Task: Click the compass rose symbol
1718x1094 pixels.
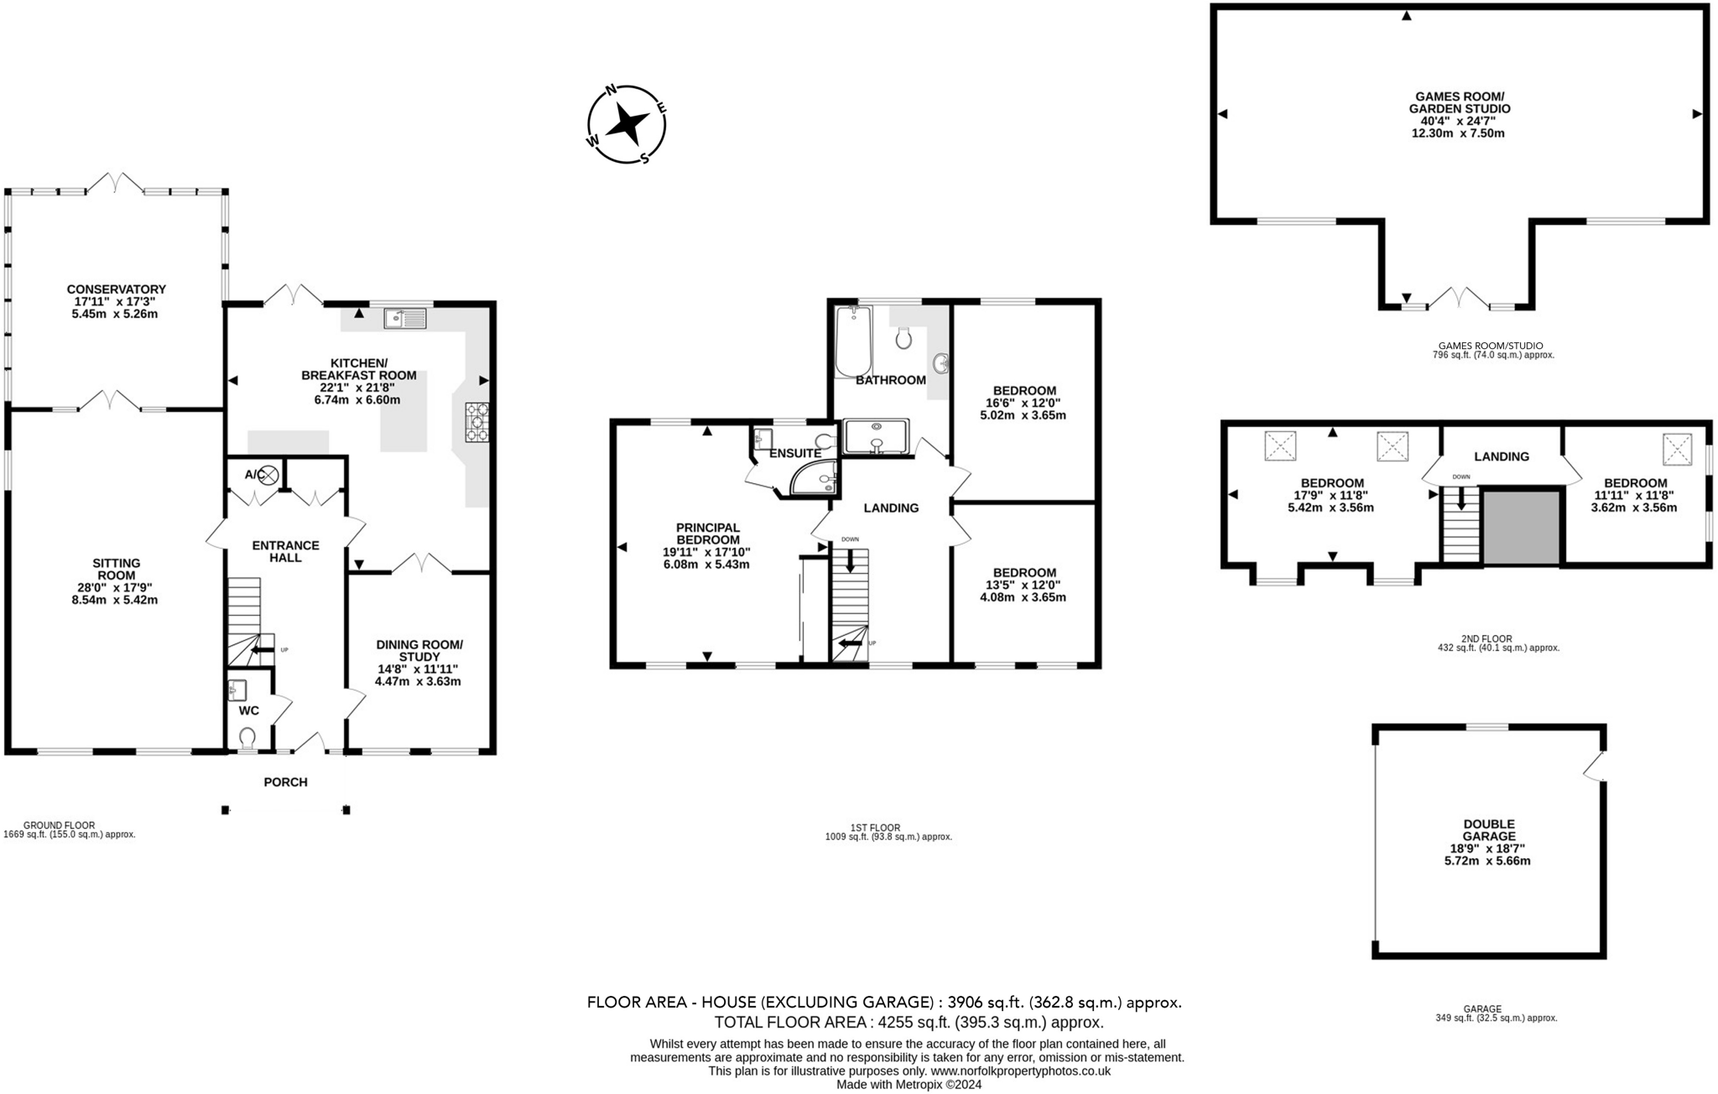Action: click(627, 124)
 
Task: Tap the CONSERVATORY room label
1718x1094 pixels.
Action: click(116, 289)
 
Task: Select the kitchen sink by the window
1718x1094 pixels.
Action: click(405, 318)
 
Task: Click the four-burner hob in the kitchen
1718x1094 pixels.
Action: click(476, 421)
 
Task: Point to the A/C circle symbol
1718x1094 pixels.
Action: click(268, 475)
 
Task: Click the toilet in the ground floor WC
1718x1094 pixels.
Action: click(247, 737)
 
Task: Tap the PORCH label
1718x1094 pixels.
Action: click(285, 782)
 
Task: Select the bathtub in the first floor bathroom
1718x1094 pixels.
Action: click(853, 341)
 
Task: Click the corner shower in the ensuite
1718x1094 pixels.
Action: click(815, 478)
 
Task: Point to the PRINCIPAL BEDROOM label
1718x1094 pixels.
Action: click(708, 534)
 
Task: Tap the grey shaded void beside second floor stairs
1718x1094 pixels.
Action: click(1521, 528)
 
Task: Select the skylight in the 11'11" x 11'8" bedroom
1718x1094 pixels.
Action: click(1677, 449)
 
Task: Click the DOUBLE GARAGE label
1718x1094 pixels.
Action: click(1489, 830)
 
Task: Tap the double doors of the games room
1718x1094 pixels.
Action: click(1459, 298)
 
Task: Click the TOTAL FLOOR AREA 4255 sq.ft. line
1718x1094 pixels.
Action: click(908, 1022)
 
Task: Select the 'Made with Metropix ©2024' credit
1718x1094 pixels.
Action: click(908, 1084)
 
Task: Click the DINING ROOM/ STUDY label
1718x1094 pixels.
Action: click(419, 650)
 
